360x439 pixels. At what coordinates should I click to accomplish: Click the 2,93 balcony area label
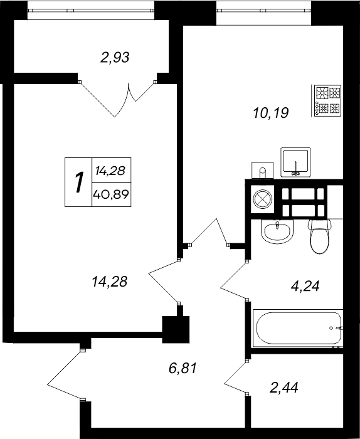coord(115,58)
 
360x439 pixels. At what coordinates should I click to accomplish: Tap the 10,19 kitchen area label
coord(271,113)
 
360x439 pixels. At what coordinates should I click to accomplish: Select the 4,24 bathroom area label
coord(305,286)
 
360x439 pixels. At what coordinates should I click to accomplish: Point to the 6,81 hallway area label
coord(183,368)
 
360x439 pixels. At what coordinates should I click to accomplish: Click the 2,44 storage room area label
coord(284,388)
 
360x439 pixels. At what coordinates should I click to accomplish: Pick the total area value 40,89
coord(111,194)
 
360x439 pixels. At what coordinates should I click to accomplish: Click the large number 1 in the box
coord(79,182)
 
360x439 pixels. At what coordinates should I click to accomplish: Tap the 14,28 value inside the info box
coord(110,171)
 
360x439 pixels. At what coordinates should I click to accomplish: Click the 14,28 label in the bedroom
coord(110,282)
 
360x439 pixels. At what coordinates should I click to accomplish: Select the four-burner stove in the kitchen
coord(327,100)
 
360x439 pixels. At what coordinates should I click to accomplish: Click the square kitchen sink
coord(295,162)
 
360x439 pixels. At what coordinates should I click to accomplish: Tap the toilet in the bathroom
coord(320,236)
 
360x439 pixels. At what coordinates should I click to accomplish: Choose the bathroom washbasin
coord(277,231)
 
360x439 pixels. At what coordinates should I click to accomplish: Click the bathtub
coord(298,328)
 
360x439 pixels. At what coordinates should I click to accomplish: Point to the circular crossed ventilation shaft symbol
coord(262,199)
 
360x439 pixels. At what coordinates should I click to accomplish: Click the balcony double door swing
coord(117,99)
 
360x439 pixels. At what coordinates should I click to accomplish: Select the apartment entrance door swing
coord(65,374)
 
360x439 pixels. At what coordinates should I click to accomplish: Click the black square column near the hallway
coord(176,329)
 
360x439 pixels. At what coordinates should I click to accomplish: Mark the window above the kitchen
coord(263,11)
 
